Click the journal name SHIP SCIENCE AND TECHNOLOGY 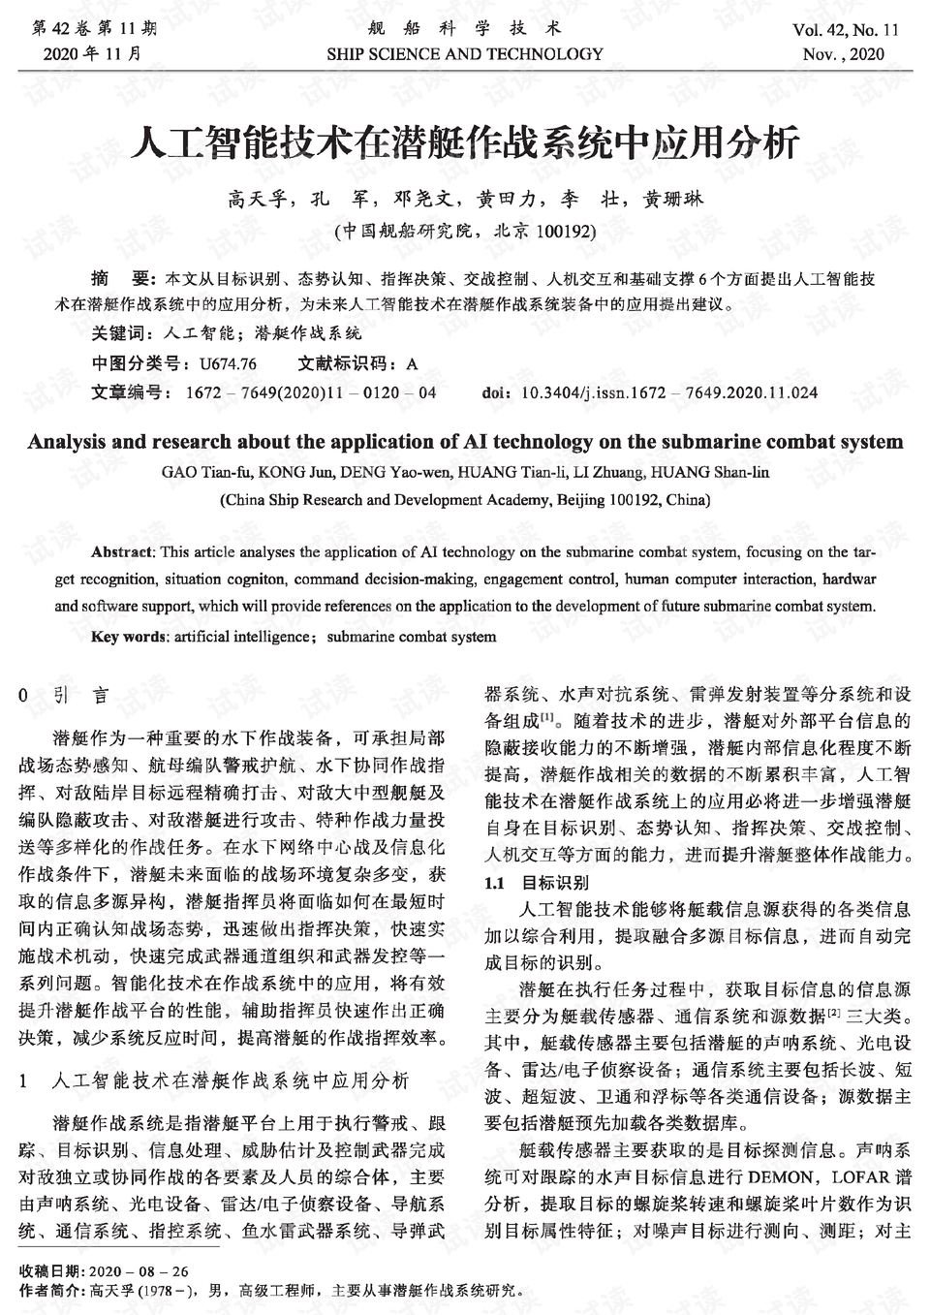coord(465,54)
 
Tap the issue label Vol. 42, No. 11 coord(845,30)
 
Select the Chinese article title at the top coord(465,143)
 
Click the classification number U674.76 coord(228,364)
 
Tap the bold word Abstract coord(122,552)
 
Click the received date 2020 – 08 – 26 coord(139,1270)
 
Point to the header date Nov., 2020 coord(843,54)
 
